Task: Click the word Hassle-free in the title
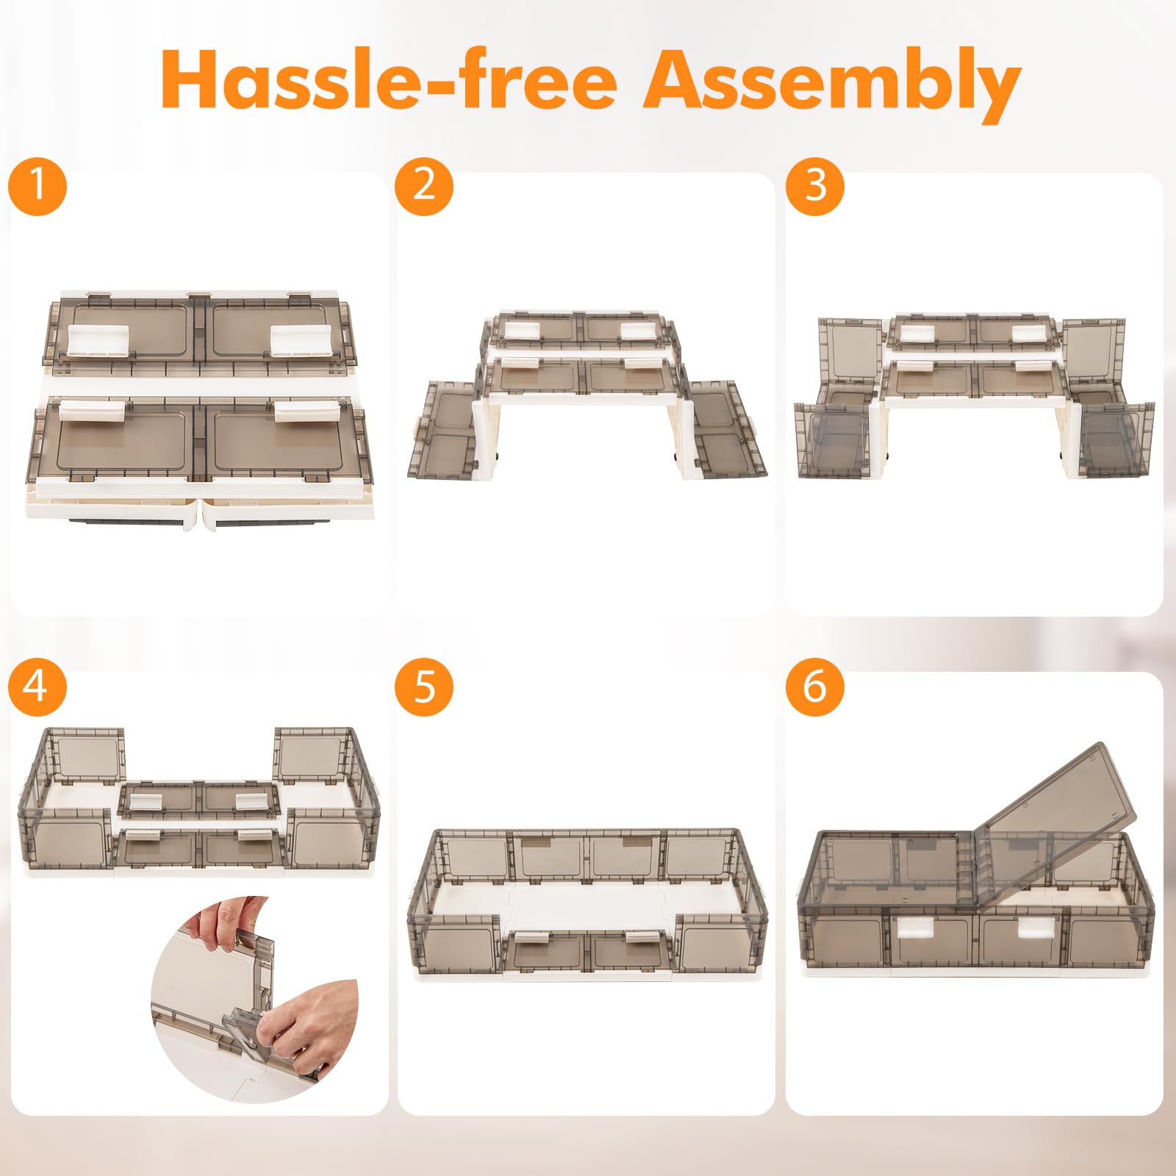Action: click(x=389, y=80)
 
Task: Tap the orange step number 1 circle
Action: click(x=37, y=185)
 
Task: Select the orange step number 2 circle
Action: click(x=424, y=185)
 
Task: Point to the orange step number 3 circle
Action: click(x=815, y=185)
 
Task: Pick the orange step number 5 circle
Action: click(x=424, y=687)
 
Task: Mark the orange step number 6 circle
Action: click(x=815, y=687)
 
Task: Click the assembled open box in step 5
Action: click(x=587, y=904)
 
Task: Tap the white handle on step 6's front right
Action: click(x=1033, y=928)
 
